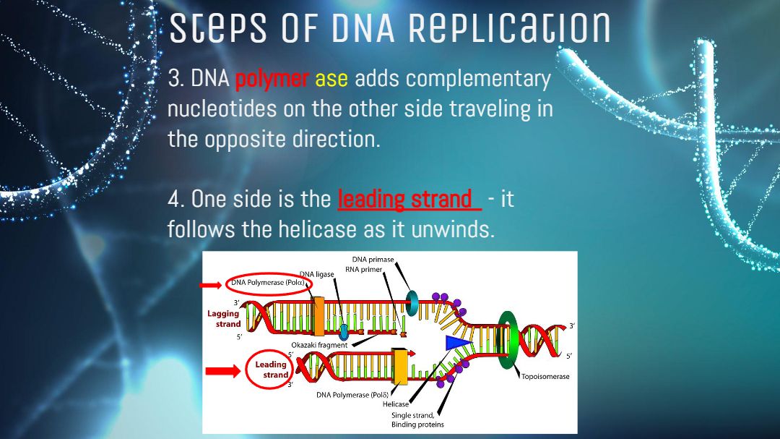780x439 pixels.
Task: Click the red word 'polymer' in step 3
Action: pos(272,80)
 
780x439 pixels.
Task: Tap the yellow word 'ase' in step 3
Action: pos(331,80)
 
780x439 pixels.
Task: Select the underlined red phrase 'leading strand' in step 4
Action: pos(404,200)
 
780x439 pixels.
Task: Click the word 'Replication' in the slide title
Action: pos(509,28)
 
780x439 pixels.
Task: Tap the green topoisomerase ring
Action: pos(508,340)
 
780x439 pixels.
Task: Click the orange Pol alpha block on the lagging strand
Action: pos(319,316)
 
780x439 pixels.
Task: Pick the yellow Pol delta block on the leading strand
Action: pos(400,367)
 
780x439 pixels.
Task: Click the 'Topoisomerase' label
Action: pos(545,377)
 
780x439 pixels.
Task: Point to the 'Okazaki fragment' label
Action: pos(319,345)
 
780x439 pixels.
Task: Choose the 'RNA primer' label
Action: pos(363,270)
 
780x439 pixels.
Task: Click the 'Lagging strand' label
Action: pos(225,319)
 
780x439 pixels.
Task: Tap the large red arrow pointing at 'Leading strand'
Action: pos(223,371)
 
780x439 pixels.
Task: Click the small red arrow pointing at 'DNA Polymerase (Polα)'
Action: pos(210,285)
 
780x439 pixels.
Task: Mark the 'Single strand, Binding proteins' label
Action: pos(417,419)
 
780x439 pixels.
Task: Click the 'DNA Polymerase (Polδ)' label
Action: pos(352,395)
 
